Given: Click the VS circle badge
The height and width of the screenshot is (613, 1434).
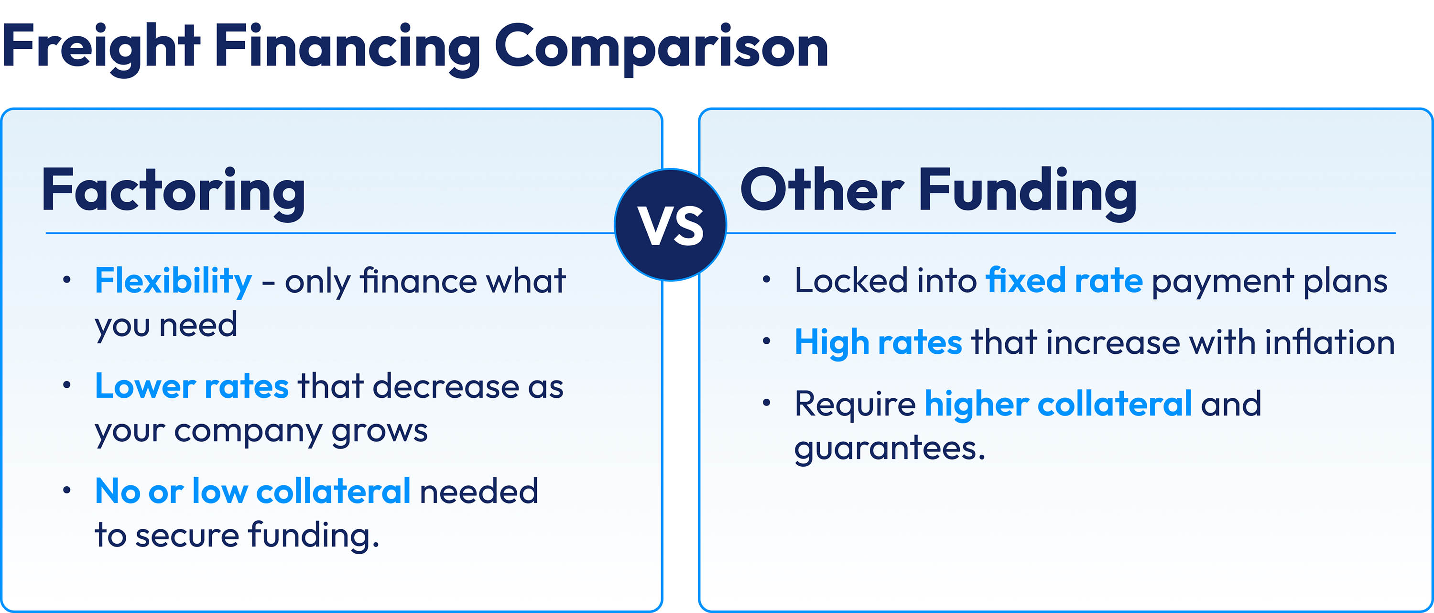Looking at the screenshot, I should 670,224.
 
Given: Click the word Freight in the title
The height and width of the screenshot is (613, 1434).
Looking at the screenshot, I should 100,47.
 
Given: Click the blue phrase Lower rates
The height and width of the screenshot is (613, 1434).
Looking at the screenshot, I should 192,386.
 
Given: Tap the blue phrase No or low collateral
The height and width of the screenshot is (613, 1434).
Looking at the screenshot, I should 253,491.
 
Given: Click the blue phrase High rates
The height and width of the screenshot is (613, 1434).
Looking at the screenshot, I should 878,342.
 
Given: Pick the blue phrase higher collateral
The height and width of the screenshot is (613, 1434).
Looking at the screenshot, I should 1058,404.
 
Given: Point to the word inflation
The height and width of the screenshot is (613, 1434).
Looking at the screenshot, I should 1329,342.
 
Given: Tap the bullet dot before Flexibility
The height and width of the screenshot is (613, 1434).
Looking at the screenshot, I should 67,280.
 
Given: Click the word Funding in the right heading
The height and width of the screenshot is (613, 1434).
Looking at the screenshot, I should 1027,191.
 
